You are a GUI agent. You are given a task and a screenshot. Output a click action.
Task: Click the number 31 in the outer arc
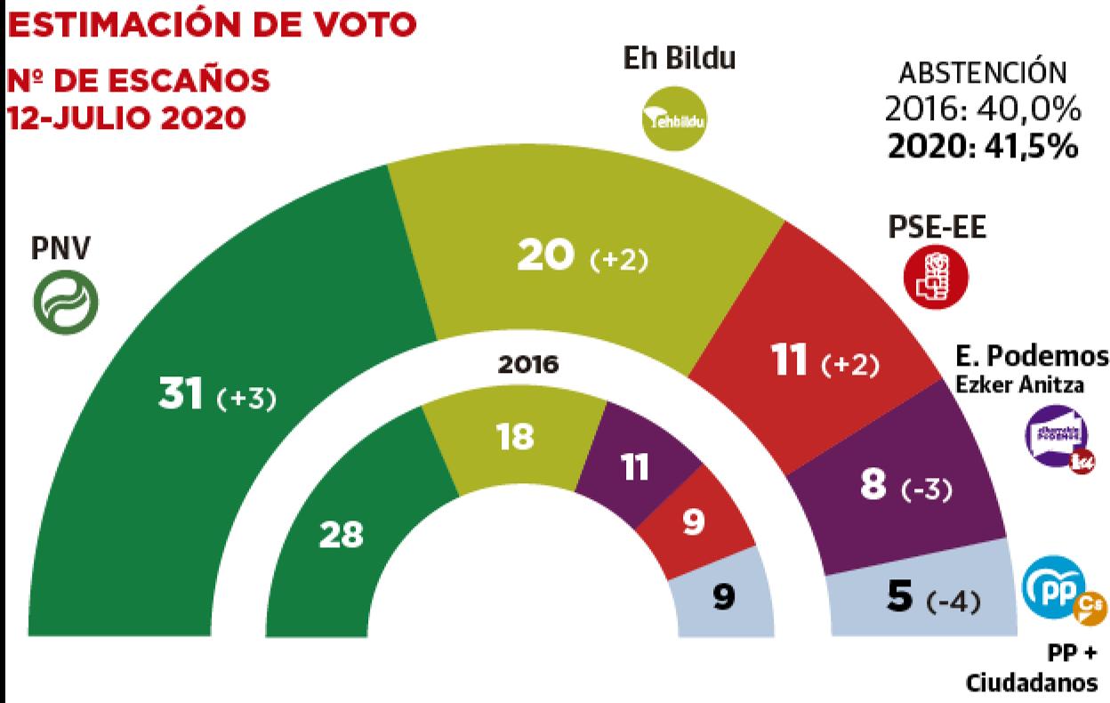tap(182, 397)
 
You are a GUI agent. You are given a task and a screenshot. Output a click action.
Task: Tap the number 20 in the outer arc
tap(546, 258)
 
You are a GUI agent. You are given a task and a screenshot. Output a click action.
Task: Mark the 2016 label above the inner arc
tap(528, 364)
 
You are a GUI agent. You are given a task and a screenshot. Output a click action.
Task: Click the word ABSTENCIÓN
tap(982, 72)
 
